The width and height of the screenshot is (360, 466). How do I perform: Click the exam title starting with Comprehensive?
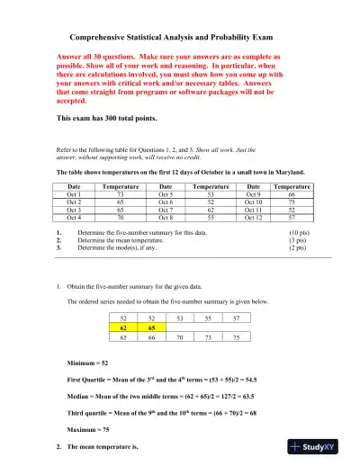point(179,39)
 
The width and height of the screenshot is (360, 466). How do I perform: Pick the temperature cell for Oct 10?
point(291,202)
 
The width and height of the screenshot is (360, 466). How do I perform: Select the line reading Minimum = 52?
point(93,362)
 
